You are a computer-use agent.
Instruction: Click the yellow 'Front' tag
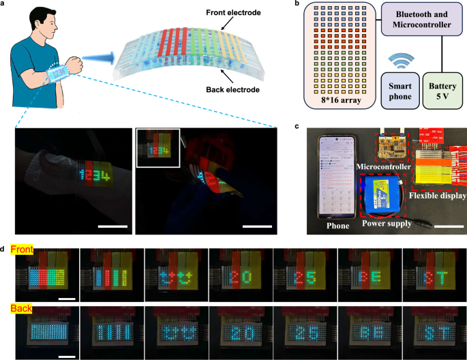tap(27, 251)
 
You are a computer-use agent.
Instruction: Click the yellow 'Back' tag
tap(25, 309)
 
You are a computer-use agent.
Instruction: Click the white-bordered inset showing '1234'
tap(158, 148)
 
